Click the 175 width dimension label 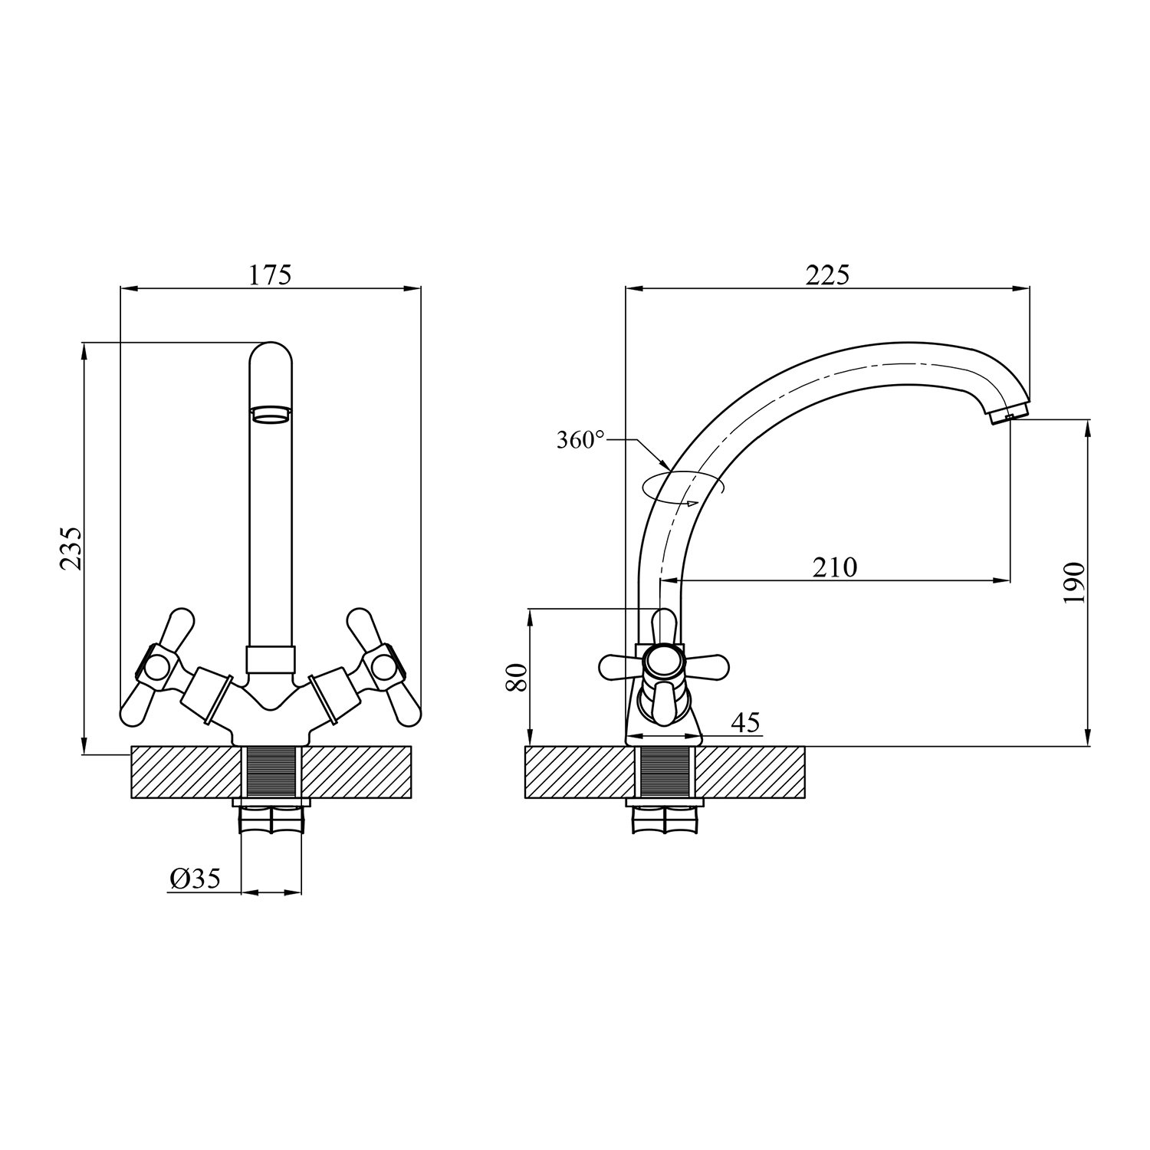point(270,274)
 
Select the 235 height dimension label point(70,548)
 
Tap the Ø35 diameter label point(195,879)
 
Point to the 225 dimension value point(827,274)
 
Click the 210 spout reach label point(835,567)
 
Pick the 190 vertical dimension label point(1074,583)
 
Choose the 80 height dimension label point(517,678)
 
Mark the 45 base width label point(745,722)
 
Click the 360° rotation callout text point(581,440)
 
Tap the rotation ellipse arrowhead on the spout point(692,503)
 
